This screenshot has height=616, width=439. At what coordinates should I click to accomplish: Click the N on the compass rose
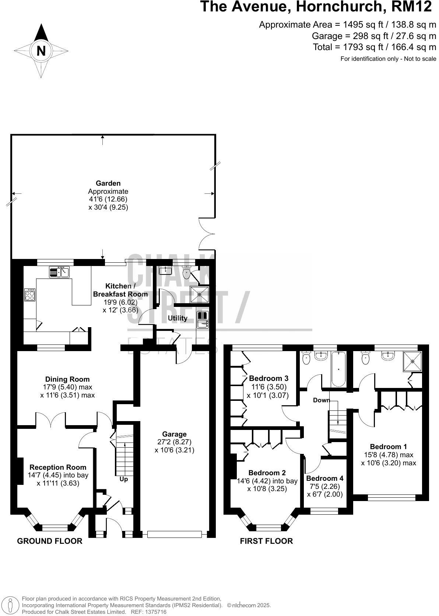point(41,51)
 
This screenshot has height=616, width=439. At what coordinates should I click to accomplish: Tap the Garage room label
point(174,434)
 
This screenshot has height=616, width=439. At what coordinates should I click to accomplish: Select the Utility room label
point(178,318)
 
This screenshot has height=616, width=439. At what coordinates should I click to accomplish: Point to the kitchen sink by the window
point(59,272)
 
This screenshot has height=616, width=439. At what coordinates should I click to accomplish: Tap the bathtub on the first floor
point(338,368)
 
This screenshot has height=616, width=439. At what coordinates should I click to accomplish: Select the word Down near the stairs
point(321,400)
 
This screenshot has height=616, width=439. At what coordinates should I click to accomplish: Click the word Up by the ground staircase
point(124,479)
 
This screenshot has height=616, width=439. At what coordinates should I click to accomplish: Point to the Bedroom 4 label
point(324,478)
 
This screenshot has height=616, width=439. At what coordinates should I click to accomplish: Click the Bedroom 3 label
point(268,378)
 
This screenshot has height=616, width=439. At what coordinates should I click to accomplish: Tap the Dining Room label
point(67,379)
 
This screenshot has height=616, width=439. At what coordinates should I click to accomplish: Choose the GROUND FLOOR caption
point(50,541)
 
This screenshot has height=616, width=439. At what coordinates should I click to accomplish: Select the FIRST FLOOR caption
point(266,541)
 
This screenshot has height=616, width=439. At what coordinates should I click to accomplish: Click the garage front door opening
point(174,534)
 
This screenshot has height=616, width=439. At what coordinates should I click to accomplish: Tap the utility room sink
point(203,319)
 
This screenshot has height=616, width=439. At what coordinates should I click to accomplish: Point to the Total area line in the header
point(374,47)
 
